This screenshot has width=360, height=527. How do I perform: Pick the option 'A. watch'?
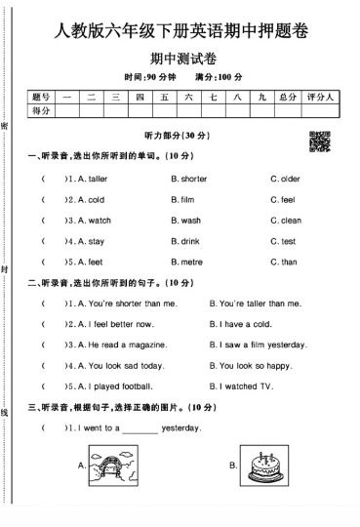click(88, 221)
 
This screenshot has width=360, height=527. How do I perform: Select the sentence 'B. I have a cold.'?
click(241, 324)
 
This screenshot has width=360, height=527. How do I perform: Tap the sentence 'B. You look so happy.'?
click(251, 366)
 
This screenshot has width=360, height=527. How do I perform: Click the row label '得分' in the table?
click(40, 112)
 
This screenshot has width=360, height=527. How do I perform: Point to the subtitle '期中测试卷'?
click(180, 58)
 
